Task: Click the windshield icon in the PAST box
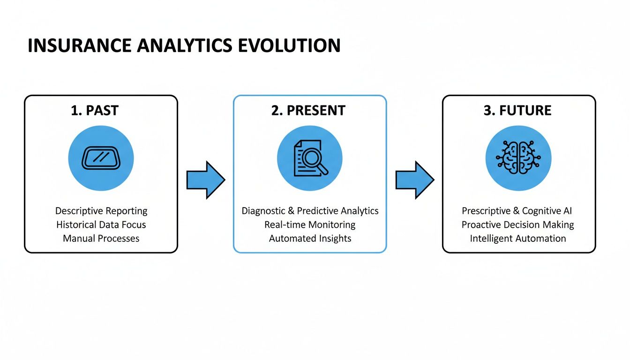click(x=101, y=158)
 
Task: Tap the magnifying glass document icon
click(x=310, y=158)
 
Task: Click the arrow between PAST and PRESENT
click(x=205, y=180)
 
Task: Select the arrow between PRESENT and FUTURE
click(x=414, y=180)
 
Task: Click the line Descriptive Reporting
click(x=101, y=211)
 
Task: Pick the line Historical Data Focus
click(x=101, y=225)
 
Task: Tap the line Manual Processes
click(x=101, y=238)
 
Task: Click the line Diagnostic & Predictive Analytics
click(x=310, y=211)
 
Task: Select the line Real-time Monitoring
click(x=310, y=225)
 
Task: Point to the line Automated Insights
click(x=310, y=238)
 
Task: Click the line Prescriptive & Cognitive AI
click(x=517, y=211)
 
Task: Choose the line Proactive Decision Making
click(x=517, y=225)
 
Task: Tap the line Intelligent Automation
click(x=517, y=238)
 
